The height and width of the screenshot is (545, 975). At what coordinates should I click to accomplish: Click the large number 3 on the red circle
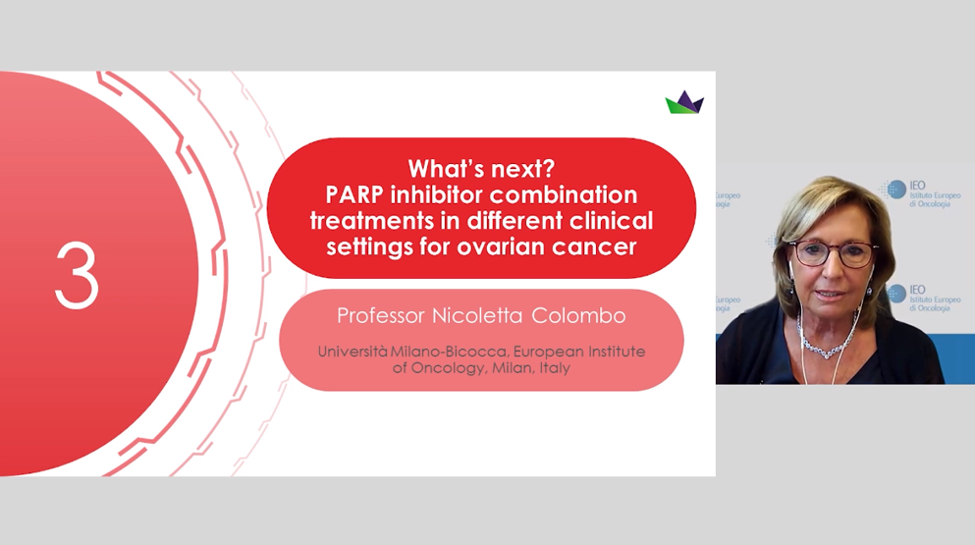[77, 276]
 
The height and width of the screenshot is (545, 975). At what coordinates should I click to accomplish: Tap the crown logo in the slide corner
[684, 102]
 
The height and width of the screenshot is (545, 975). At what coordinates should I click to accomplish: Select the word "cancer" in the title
[592, 246]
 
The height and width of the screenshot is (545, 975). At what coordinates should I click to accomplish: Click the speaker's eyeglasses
[832, 253]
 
